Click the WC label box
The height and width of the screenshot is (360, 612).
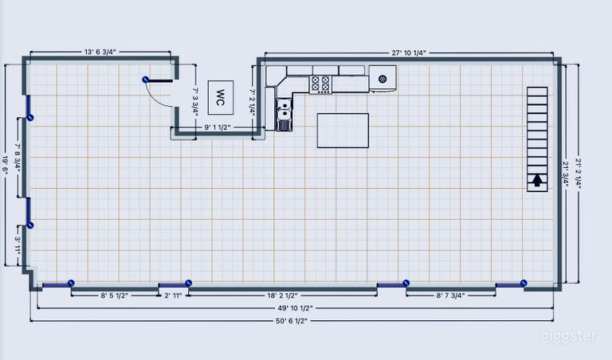[x=221, y=97]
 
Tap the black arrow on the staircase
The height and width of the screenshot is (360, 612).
[x=537, y=180]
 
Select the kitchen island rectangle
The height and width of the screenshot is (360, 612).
[x=343, y=131]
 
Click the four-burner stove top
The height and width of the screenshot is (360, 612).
[x=320, y=84]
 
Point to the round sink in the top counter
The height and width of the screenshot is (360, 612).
[x=382, y=79]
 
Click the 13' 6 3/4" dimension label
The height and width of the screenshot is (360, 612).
[x=100, y=52]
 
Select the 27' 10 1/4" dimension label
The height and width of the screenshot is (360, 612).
[x=409, y=53]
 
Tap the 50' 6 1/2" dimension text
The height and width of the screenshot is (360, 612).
[x=292, y=321]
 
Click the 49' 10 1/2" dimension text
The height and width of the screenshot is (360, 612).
[x=295, y=308]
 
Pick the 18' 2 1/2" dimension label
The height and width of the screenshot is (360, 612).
[x=282, y=295]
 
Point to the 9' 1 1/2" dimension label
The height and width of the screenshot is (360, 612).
[x=218, y=127]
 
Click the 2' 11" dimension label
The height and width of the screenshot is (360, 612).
[x=173, y=295]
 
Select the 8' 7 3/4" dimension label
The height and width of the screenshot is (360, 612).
[x=450, y=295]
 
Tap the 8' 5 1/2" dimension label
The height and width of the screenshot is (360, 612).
[x=115, y=295]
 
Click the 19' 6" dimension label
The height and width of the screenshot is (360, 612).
[x=5, y=166]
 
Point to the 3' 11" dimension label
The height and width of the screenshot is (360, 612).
[x=18, y=245]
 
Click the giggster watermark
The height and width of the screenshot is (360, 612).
[x=569, y=337]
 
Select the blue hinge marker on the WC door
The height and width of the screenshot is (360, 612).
[x=145, y=80]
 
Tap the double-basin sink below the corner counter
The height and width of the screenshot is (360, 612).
[x=284, y=109]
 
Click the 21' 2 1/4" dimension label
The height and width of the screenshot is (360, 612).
[x=578, y=174]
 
